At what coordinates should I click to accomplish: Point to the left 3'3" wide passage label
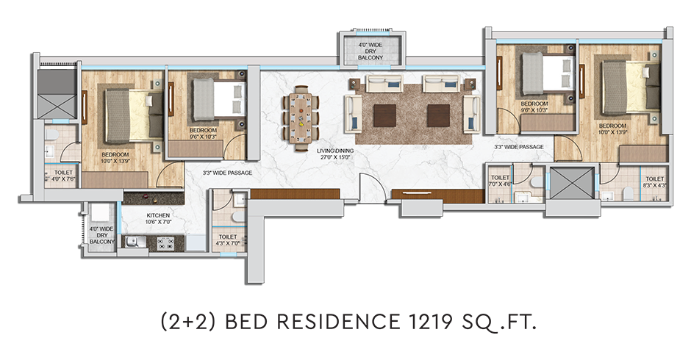(227, 173)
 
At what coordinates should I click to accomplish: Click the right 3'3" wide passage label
(519, 147)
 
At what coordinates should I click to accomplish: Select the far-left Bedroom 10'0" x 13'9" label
(116, 158)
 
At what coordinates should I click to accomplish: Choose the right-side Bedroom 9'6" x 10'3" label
(534, 107)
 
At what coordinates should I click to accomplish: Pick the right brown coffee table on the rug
(439, 115)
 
